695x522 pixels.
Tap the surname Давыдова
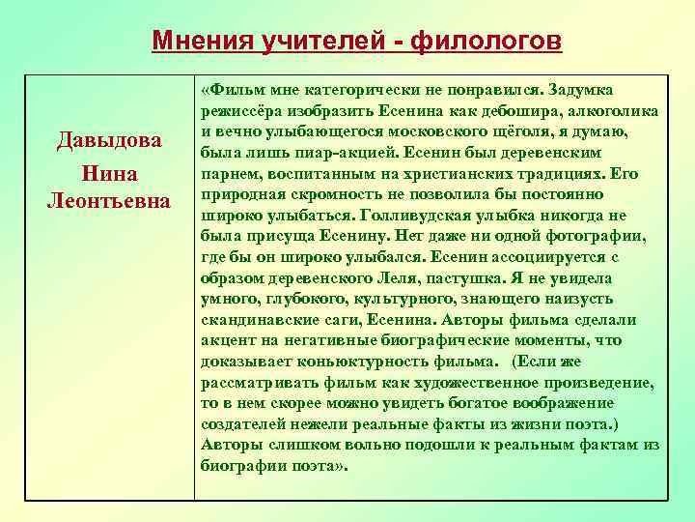(109, 143)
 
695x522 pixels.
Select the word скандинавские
(260, 320)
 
